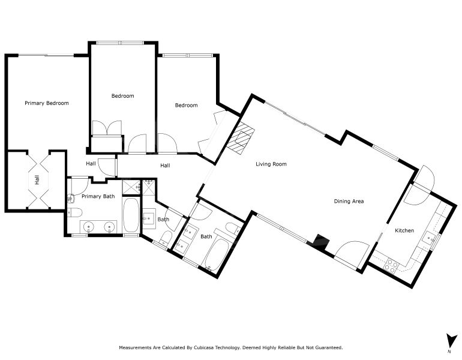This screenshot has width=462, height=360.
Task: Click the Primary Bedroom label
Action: tap(47, 103)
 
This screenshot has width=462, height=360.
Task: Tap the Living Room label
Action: tap(271, 164)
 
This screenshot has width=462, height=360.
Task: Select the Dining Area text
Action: tap(349, 201)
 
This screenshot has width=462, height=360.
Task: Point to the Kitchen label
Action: tap(404, 230)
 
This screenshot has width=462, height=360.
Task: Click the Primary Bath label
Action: tap(98, 196)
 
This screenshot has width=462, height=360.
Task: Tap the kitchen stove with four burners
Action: tap(391, 265)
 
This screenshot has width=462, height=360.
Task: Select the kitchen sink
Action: tap(429, 238)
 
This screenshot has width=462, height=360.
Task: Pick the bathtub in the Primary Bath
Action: tap(131, 215)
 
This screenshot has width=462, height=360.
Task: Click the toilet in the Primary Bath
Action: tap(74, 212)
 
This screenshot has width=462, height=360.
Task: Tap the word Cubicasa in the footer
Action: tap(203, 347)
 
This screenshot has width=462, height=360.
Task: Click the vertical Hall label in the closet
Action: tap(37, 180)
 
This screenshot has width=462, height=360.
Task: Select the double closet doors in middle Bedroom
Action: tap(107, 128)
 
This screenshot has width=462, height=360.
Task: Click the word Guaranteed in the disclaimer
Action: tap(329, 347)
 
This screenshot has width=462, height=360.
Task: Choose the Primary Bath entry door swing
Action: tap(80, 185)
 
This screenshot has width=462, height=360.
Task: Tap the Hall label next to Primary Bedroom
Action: tap(91, 164)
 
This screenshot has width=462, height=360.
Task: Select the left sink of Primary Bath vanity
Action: tap(88, 227)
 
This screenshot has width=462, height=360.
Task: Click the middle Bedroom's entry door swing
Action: tap(137, 144)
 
